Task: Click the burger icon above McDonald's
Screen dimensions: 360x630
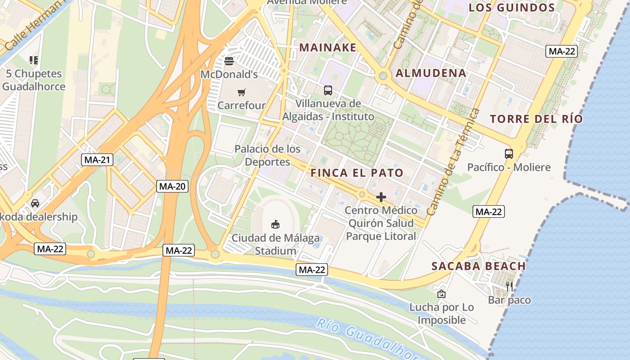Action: click(x=229, y=61)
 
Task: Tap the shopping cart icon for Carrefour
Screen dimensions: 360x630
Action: click(x=242, y=92)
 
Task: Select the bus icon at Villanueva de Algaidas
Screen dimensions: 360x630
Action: click(x=328, y=90)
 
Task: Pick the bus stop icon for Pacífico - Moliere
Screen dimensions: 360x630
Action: click(x=509, y=154)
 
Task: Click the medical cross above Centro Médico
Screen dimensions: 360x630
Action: click(x=381, y=197)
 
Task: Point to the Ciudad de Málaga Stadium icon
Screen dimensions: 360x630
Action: click(x=275, y=224)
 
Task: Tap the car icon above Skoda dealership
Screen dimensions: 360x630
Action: click(x=35, y=203)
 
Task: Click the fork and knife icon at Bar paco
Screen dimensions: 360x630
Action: click(x=509, y=286)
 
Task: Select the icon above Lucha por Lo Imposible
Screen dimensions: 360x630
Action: click(x=441, y=294)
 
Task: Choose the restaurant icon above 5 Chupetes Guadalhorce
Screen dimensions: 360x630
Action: click(x=33, y=60)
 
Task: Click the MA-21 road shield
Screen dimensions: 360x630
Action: click(x=98, y=159)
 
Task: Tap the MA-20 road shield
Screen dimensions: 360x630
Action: click(x=172, y=186)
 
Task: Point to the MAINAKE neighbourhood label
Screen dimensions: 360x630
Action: click(x=328, y=47)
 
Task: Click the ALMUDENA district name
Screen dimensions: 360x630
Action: click(x=431, y=73)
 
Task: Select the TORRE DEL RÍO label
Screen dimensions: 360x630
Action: click(x=536, y=119)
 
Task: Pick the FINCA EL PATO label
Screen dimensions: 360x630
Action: click(x=357, y=173)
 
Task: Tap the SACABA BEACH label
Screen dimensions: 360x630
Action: click(x=478, y=266)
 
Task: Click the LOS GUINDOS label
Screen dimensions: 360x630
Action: click(x=512, y=8)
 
